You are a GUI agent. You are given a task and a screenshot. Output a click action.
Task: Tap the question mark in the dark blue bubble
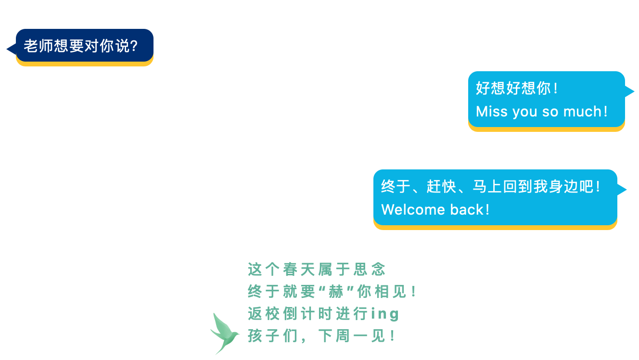[x=133, y=46]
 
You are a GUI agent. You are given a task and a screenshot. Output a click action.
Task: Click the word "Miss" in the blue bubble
[x=492, y=111]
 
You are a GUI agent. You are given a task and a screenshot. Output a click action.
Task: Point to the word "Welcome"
[x=413, y=210]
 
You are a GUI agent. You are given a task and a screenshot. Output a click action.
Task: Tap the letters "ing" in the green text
[x=384, y=314]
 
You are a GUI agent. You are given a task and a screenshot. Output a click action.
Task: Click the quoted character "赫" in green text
[x=336, y=292]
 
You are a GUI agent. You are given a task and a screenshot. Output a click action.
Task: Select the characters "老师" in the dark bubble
[x=38, y=46]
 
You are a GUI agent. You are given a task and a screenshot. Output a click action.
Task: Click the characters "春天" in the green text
[x=299, y=270]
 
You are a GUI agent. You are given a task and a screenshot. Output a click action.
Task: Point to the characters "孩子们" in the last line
[x=273, y=336]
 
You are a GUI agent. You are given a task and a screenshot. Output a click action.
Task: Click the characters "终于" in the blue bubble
[x=396, y=186]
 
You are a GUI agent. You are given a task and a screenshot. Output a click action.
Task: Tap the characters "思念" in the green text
[x=370, y=270]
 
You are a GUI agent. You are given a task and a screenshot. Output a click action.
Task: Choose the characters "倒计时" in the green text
[x=308, y=314]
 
